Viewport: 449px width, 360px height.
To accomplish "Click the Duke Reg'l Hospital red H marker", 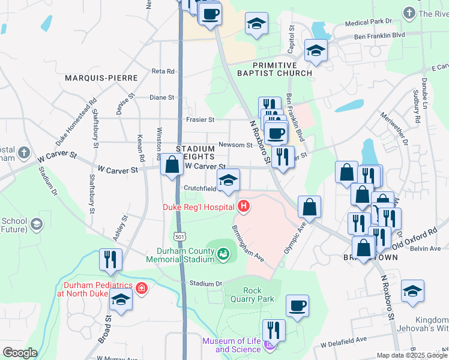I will [x=244, y=208].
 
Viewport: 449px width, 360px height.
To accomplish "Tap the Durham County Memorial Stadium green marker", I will [x=223, y=254].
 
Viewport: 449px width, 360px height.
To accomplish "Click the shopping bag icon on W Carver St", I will [x=172, y=164].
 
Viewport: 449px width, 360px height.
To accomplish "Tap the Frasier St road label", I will [x=200, y=120].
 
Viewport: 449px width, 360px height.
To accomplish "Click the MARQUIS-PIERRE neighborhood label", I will [x=101, y=78].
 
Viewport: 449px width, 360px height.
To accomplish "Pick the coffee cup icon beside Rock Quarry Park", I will [x=297, y=305].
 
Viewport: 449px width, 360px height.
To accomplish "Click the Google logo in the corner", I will [x=20, y=353].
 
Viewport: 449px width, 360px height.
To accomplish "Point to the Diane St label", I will [x=161, y=97].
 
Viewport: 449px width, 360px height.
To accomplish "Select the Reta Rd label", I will [x=163, y=71].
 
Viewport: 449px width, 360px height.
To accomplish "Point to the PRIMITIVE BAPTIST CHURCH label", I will [x=282, y=69].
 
